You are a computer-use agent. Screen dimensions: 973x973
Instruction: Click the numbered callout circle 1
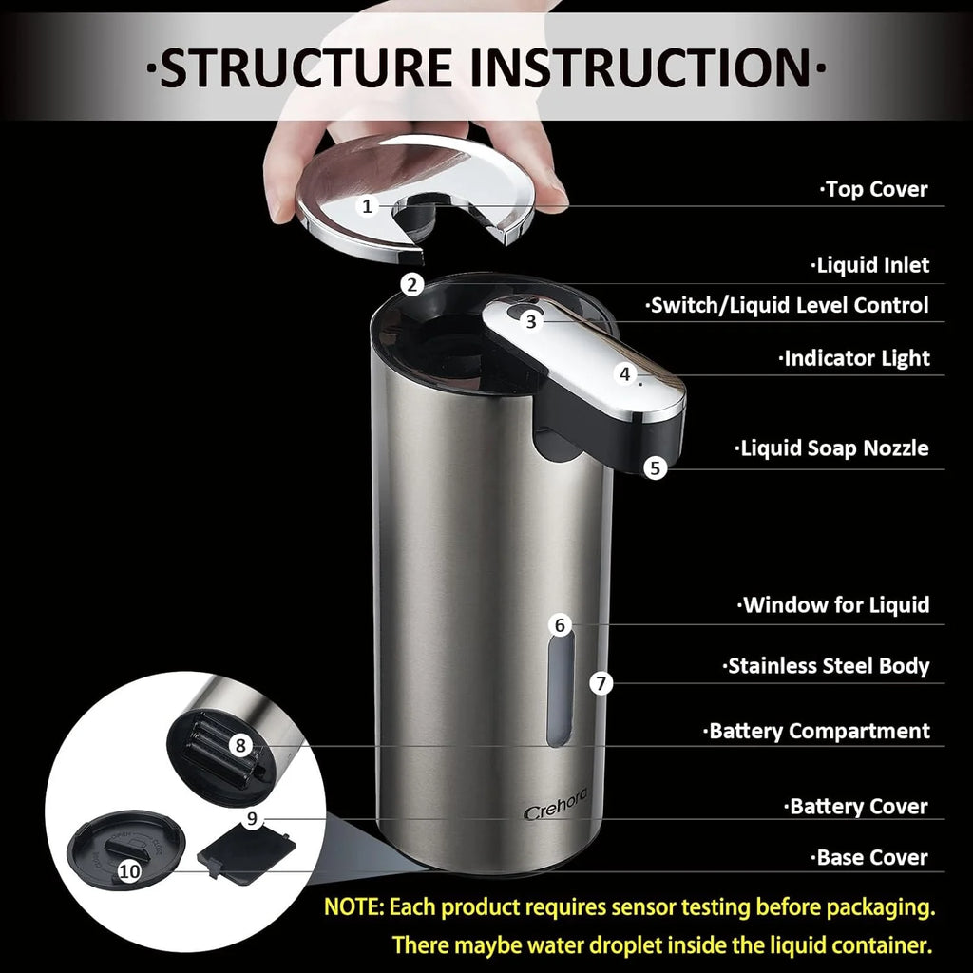[368, 205]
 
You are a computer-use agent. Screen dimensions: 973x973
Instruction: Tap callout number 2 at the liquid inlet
[410, 283]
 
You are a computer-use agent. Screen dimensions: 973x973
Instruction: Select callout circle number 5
[655, 467]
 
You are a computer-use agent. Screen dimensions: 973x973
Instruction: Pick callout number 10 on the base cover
[130, 870]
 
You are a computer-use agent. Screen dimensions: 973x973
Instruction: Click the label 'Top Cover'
[874, 189]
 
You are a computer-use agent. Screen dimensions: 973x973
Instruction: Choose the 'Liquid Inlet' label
[869, 265]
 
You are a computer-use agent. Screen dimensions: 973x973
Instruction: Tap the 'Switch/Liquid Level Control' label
[788, 306]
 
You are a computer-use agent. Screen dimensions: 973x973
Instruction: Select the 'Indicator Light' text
[854, 358]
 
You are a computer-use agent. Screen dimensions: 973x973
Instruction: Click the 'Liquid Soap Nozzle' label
[832, 448]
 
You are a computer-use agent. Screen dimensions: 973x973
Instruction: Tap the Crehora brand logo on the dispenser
[556, 812]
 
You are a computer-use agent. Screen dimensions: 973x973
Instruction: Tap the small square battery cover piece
[246, 850]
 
